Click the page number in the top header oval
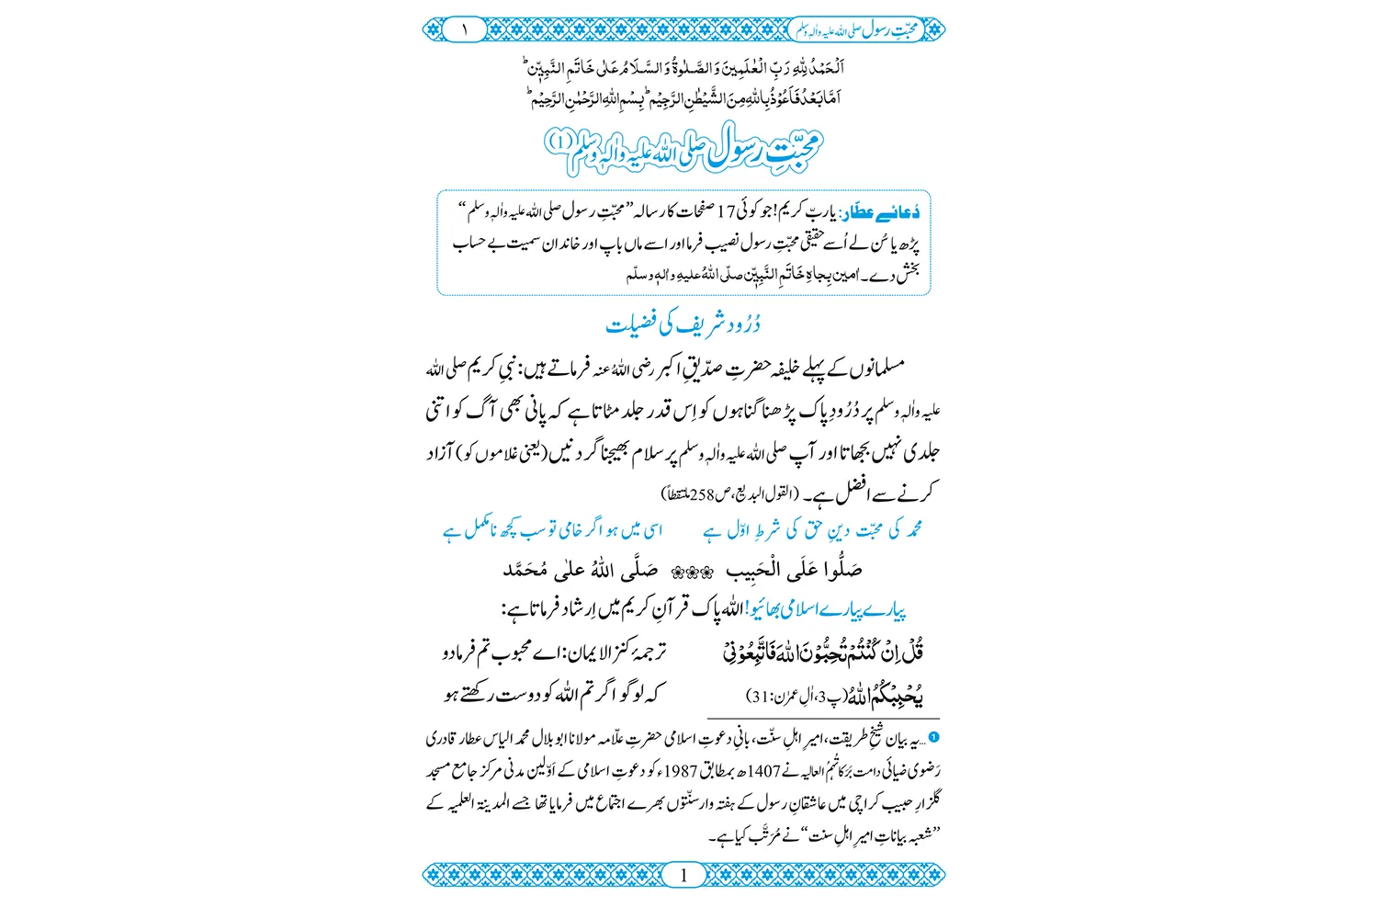(465, 29)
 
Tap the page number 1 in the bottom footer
(683, 875)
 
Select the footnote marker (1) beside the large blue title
(559, 142)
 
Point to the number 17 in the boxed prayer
(726, 213)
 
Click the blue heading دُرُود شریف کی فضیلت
(683, 325)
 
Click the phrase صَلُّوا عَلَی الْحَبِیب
(794, 571)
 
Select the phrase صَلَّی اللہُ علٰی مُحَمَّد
(580, 571)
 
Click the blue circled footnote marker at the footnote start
(933, 737)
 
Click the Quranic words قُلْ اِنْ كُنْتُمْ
(887, 653)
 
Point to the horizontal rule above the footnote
(823, 719)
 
